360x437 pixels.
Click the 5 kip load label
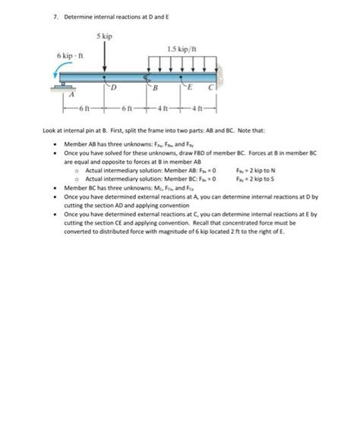click(x=105, y=36)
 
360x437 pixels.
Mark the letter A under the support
click(x=73, y=96)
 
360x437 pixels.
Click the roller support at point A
click(x=68, y=85)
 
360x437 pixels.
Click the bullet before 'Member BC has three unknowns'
click(x=55, y=187)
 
